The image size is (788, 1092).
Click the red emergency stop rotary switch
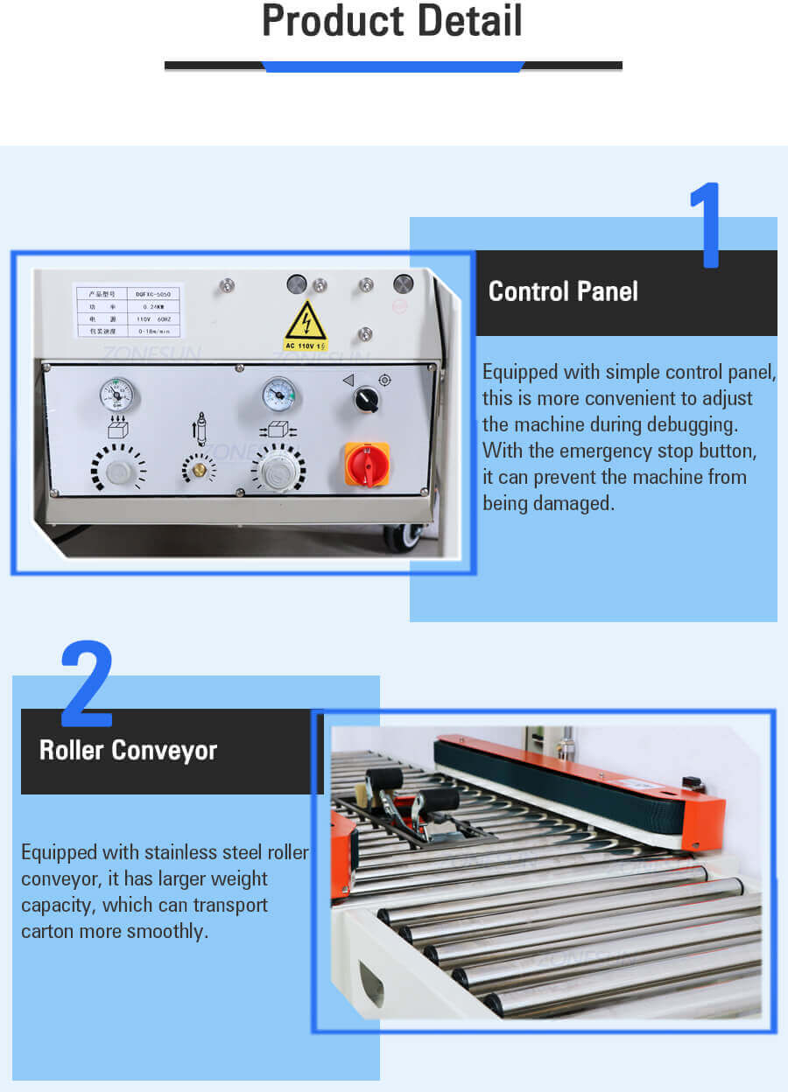367,465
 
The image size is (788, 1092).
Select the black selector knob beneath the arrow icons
366,400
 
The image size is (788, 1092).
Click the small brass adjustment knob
200,470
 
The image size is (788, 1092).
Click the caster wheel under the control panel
404,535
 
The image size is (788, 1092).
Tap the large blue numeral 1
706,225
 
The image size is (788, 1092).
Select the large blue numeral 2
87,684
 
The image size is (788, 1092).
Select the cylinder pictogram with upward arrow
200,429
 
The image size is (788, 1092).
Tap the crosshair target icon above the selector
384,380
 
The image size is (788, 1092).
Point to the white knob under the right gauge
278,472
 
